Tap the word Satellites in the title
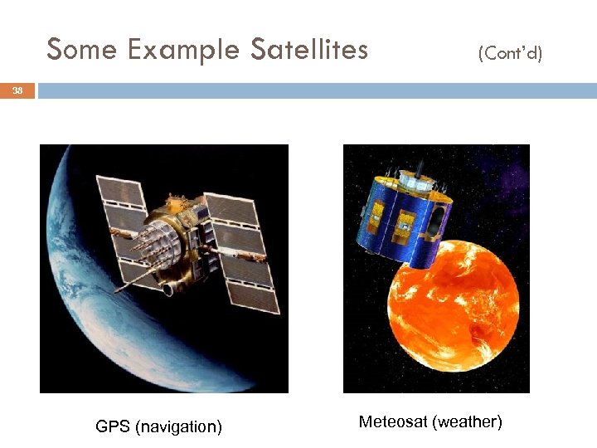click(x=308, y=50)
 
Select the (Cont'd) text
click(x=510, y=54)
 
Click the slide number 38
click(x=17, y=91)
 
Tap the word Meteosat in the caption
click(x=392, y=422)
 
